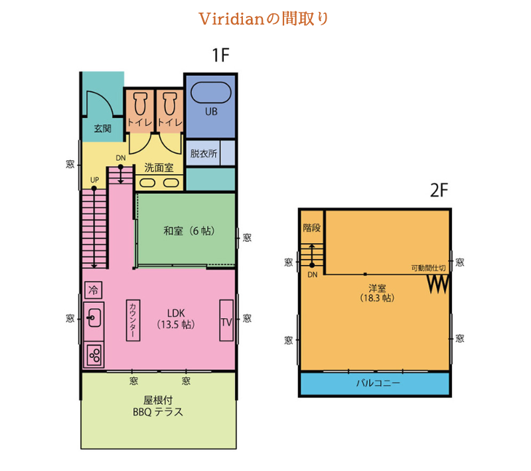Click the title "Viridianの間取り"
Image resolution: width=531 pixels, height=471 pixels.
pos(265,19)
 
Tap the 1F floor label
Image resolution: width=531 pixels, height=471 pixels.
pos(220,56)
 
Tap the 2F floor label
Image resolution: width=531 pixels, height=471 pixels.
pos(439,191)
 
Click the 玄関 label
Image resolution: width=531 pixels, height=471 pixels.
pos(102,128)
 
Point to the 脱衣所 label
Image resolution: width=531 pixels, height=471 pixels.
pos(204,153)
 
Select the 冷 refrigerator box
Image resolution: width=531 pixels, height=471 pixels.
pos(93,290)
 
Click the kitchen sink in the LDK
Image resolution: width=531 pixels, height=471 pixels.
pos(93,317)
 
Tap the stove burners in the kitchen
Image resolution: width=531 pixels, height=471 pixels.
pos(93,355)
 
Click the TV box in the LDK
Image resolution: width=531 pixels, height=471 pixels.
pos(227,321)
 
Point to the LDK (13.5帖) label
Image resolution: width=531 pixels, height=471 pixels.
pos(175,319)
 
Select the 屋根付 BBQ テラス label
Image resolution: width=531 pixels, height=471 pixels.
pos(158,407)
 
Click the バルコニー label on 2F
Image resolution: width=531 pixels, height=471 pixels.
pos(375,383)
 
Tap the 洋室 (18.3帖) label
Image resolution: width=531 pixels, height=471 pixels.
pos(376,293)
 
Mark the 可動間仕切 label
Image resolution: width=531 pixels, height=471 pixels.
pos(427,268)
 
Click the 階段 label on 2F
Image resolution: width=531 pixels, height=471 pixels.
pos(312,227)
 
